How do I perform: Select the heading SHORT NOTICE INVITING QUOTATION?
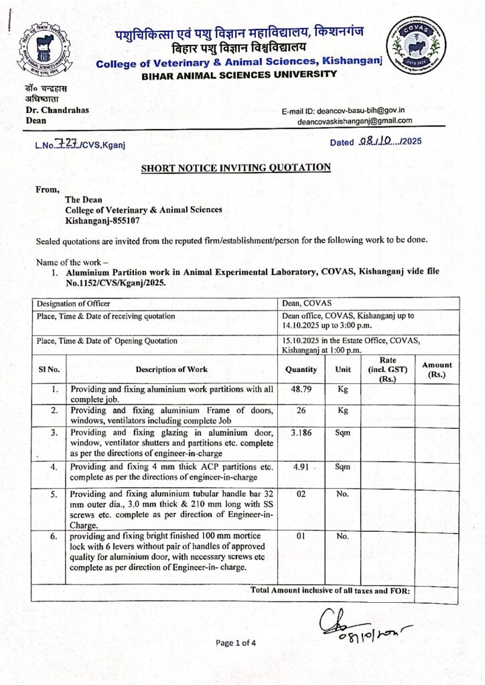pos(235,167)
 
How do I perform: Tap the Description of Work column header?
pos(171,369)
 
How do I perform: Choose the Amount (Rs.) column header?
pos(436,369)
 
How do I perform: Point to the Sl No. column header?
pos(49,369)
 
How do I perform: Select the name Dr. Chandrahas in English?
pos(57,110)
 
